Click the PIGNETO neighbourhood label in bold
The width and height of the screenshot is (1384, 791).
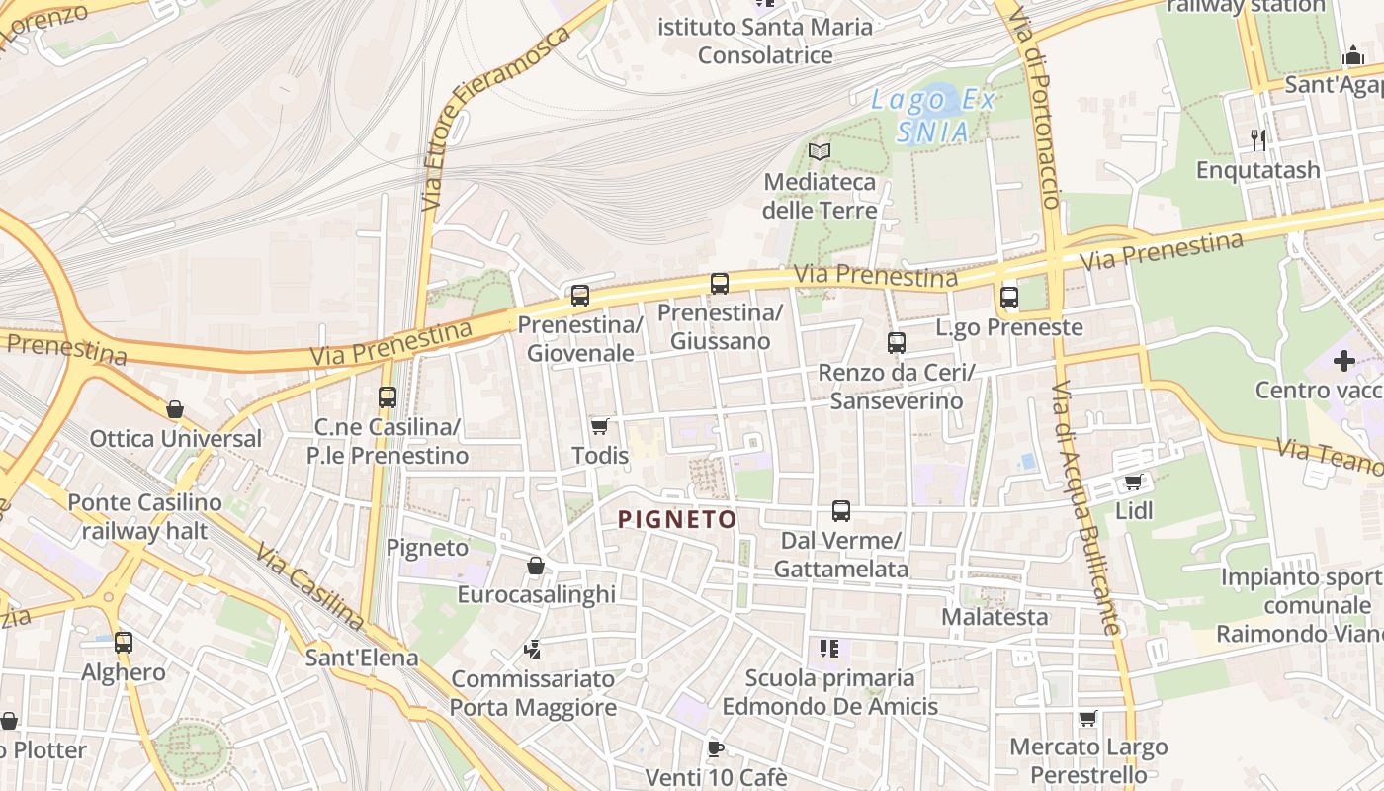[677, 519]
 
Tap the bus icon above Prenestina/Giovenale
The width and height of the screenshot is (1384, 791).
[580, 295]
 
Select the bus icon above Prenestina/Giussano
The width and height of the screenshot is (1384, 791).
[720, 284]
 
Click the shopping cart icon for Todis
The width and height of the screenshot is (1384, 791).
[599, 427]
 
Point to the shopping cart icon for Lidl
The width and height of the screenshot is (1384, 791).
[1133, 483]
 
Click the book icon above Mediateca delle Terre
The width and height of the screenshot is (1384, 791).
[820, 151]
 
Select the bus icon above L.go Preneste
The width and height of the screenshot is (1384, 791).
[1009, 297]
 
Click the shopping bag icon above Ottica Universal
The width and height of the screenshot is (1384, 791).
[175, 409]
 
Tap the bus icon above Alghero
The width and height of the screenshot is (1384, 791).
[124, 643]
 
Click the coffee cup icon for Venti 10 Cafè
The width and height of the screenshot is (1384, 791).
[716, 748]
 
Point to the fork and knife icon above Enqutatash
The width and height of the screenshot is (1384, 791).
[1258, 139]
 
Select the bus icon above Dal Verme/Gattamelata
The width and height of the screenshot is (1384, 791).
[841, 511]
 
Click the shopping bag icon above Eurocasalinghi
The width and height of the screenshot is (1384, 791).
[536, 566]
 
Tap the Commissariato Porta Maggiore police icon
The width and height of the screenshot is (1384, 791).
[533, 650]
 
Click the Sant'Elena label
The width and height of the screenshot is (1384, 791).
[362, 658]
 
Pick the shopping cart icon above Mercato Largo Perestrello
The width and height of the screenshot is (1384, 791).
[1088, 718]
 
